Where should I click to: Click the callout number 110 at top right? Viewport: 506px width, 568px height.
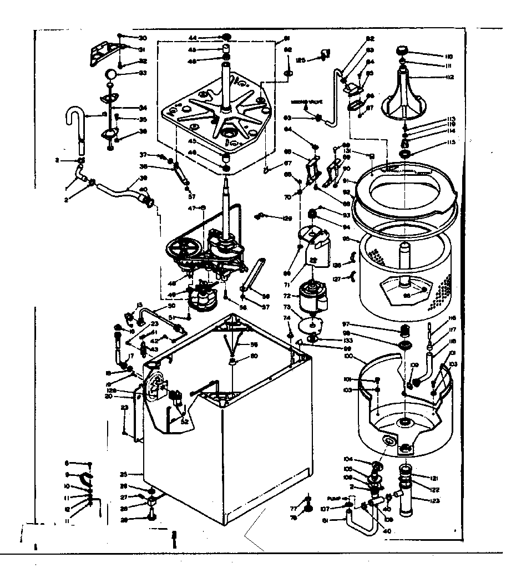tap(448, 56)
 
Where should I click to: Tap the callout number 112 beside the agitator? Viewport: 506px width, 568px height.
tap(448, 77)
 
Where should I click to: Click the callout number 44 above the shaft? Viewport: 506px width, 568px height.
tap(193, 38)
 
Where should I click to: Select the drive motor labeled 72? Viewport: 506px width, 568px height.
tap(312, 296)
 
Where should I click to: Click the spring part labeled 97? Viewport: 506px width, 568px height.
tap(405, 332)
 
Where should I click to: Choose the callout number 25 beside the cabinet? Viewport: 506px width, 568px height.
tap(124, 475)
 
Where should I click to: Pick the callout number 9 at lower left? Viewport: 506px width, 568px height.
tap(67, 475)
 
